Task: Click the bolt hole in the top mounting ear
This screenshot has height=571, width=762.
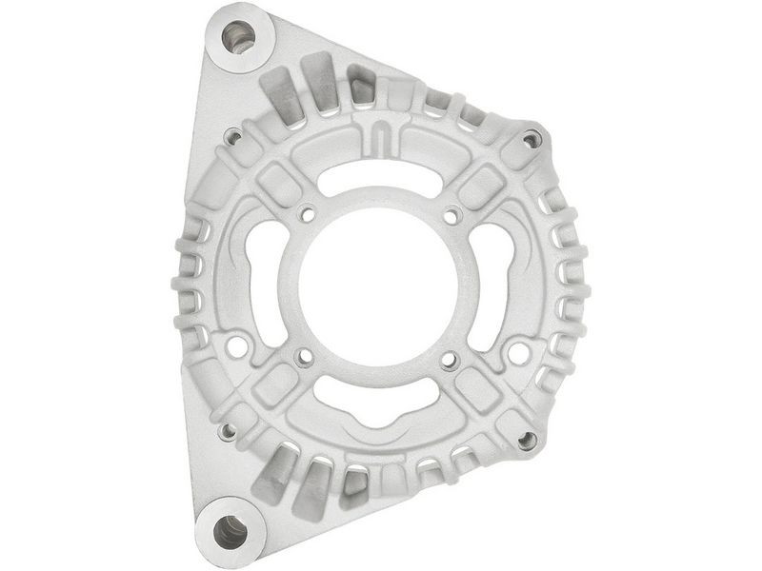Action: [x=238, y=38]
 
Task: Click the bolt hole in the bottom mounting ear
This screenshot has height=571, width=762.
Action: [x=230, y=530]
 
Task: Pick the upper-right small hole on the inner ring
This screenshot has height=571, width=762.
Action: [x=451, y=217]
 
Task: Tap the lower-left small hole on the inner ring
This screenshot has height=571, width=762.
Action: [x=305, y=358]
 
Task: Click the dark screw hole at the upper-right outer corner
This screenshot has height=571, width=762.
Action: [x=531, y=140]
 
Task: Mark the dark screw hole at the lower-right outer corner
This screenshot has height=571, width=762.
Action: [x=527, y=440]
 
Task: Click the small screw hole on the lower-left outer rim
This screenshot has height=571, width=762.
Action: [x=227, y=431]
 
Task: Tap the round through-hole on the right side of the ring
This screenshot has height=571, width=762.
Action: [x=519, y=353]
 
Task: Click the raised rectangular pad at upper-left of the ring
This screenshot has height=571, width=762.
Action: [x=275, y=182]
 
